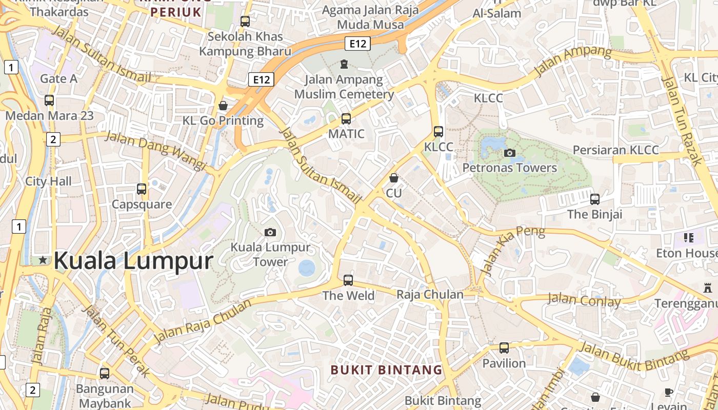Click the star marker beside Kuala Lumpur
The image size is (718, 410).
[x=43, y=260]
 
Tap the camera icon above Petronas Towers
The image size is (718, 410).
[x=509, y=153]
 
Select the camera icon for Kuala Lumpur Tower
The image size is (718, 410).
[x=270, y=232]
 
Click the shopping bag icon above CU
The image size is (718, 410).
[x=393, y=178]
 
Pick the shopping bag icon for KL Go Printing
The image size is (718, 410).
[x=223, y=106]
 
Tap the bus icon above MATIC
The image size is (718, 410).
[x=346, y=119]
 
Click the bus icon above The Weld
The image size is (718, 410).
[x=348, y=280]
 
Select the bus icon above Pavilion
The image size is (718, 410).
[x=504, y=348]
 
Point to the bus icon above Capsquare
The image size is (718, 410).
[x=142, y=189]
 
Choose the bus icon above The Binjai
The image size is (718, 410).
[x=595, y=199]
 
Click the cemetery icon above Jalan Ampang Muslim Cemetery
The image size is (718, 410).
[x=344, y=64]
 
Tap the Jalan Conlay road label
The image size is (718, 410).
[x=584, y=300]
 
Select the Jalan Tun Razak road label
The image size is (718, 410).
[x=682, y=121]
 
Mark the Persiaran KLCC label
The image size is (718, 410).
[x=615, y=150]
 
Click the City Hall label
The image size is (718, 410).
[x=49, y=181]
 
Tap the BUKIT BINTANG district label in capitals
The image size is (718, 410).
[x=386, y=370]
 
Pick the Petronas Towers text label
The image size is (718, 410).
[x=509, y=168]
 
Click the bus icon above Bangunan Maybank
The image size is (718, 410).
[x=105, y=373]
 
